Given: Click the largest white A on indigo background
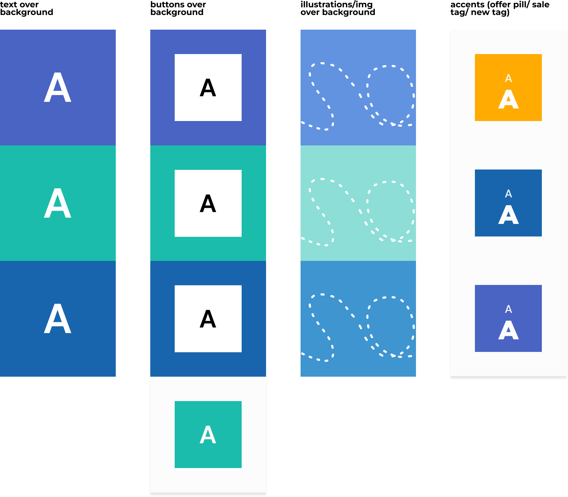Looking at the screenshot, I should pos(58,88).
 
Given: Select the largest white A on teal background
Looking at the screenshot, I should pos(58,203).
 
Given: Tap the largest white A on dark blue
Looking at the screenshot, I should pos(58,319).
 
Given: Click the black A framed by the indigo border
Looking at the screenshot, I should pos(208,88).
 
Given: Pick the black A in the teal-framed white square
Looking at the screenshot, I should pos(208,204).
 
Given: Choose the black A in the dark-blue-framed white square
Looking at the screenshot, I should pos(208,319).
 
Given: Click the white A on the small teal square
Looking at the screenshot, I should pos(208,435).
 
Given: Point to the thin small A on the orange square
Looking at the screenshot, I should pos(508,78).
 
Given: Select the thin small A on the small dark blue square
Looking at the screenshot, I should pos(508,194).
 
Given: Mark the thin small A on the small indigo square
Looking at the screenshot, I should pos(508,309).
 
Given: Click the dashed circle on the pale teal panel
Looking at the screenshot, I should pos(391,211).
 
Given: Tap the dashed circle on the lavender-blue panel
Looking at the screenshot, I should pos(391,95).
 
